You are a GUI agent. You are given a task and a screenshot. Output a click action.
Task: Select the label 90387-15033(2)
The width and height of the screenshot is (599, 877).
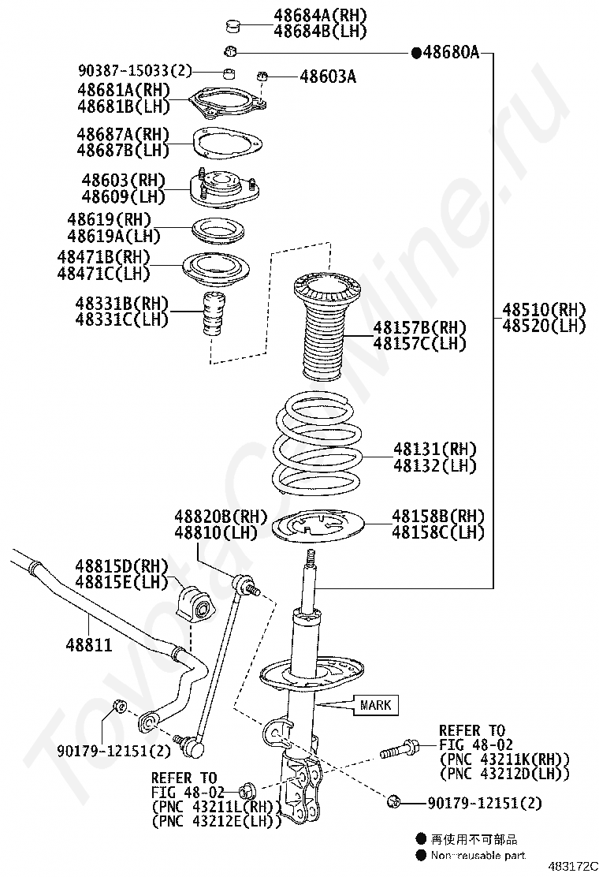(x=135, y=71)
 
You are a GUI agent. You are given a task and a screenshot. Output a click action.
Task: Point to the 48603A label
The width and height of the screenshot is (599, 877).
(x=327, y=77)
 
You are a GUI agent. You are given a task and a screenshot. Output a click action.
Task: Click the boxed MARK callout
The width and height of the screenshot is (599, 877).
(x=375, y=704)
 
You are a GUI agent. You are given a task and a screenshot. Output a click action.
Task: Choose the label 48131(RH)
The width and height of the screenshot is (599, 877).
(x=435, y=449)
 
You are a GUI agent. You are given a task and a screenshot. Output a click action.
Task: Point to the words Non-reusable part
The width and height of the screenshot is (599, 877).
(x=478, y=855)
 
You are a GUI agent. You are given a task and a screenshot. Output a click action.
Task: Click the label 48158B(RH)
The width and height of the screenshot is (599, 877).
(x=438, y=516)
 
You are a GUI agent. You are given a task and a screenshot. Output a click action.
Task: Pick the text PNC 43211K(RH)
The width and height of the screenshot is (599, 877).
(x=504, y=759)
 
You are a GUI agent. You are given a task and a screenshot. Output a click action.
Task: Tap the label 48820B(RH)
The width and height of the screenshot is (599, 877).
(x=210, y=517)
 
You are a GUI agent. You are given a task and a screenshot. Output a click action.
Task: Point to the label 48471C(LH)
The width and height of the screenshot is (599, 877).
(x=102, y=274)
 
